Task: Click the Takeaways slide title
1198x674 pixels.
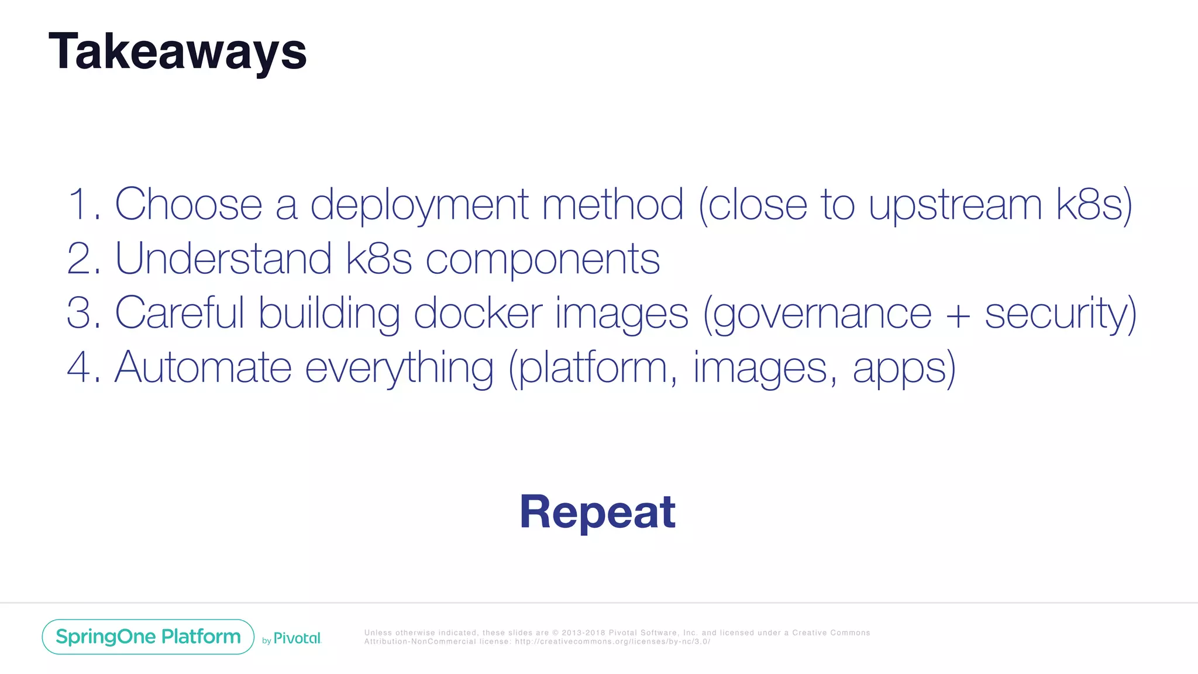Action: coord(177,51)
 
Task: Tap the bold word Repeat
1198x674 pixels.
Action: coord(597,512)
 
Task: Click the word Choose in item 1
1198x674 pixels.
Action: coord(188,204)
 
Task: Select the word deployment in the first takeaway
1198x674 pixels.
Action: coord(419,205)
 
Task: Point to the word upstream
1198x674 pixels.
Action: coord(955,205)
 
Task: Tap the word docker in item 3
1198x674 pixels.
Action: coord(478,312)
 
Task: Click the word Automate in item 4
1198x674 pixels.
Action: coord(203,367)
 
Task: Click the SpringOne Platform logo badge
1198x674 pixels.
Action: coord(148,637)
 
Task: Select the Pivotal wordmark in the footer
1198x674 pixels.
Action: coord(297,638)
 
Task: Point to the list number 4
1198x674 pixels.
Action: coord(78,367)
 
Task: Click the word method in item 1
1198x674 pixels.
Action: coord(612,204)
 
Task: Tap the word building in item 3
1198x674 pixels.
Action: coord(329,314)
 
